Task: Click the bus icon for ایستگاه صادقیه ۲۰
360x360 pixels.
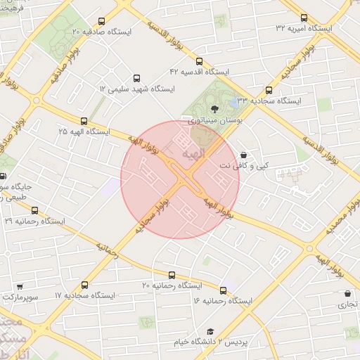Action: pos(102,21)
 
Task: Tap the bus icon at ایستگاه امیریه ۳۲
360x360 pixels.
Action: pos(304,18)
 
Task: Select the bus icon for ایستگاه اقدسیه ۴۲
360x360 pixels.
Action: pos(199,61)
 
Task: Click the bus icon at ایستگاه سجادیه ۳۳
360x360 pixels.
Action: pos(269,90)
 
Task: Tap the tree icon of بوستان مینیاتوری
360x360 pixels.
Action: pos(214,108)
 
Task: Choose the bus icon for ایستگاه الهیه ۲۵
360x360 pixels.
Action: pos(84,121)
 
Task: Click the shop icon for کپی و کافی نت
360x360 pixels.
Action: pos(243,155)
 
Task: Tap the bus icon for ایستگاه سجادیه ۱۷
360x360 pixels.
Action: pos(85,285)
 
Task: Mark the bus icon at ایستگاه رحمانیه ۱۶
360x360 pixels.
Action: pos(224,290)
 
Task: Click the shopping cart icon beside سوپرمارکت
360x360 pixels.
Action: pos(19,287)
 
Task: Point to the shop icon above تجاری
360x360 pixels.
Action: pos(347,294)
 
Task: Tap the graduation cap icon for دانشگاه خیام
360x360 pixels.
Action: pos(210,331)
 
